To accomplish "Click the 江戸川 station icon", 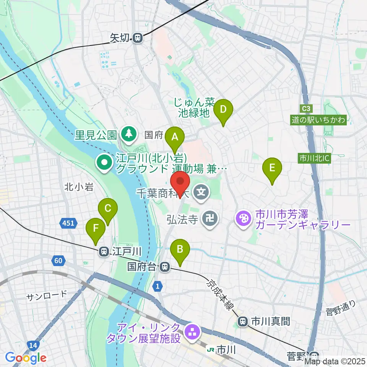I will click(103, 251).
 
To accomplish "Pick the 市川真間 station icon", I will click(242, 321).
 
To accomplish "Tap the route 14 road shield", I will click(33, 345).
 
